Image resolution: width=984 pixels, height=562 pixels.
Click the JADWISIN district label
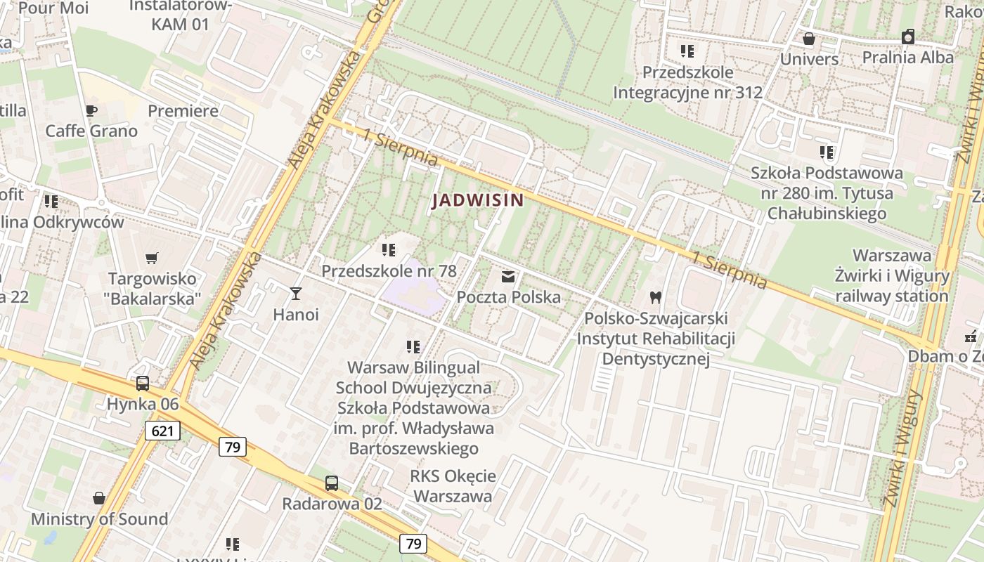pos(478,200)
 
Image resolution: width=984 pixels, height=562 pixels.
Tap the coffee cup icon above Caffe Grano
pos(91,110)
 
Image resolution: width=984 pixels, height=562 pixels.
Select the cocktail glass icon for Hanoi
pos(296,293)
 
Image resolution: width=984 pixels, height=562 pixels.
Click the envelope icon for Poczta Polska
pos(508,276)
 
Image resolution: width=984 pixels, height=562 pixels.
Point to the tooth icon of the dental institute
pos(656,297)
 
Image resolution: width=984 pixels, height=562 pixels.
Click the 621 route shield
pos(162,431)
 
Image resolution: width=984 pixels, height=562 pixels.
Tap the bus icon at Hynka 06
pos(143,384)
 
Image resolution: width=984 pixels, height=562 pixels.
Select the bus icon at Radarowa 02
pos(332,483)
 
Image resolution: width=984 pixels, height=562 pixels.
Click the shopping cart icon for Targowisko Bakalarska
pos(152,258)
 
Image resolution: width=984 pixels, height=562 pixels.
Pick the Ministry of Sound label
pos(99,519)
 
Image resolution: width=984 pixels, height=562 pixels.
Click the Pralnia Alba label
pos(908,57)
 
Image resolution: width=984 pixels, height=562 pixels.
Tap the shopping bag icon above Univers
pos(809,39)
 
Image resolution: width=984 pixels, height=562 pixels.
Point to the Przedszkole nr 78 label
pos(389,270)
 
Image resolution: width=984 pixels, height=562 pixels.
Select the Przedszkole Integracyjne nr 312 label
pos(687,82)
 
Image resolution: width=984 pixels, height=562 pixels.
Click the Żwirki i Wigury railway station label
pos(892,276)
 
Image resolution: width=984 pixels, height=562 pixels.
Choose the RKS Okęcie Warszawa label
pos(453,486)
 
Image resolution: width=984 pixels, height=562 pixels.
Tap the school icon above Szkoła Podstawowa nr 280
pos(827,152)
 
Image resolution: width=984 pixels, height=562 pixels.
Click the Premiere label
pos(183,111)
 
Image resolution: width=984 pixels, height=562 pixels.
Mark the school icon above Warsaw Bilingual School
pos(413,346)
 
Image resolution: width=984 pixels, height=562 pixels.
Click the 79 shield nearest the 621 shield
pos(232,446)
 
